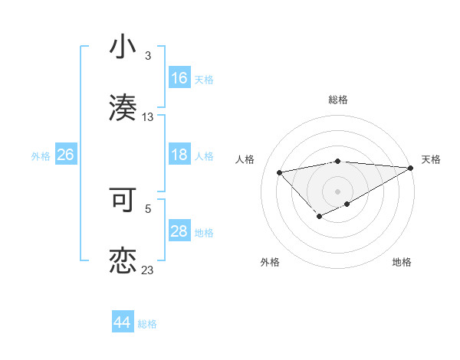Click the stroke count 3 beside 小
tap(148, 56)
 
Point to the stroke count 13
tap(148, 117)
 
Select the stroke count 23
tap(148, 270)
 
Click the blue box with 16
tap(179, 78)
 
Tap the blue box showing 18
tap(179, 155)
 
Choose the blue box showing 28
tap(179, 231)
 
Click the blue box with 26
tap(65, 155)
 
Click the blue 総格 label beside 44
tap(147, 324)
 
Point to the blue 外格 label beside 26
tap(41, 155)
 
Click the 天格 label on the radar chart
tap(431, 159)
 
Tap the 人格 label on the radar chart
tap(245, 159)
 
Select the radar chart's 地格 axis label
tap(402, 262)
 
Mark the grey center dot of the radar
tap(337, 191)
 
